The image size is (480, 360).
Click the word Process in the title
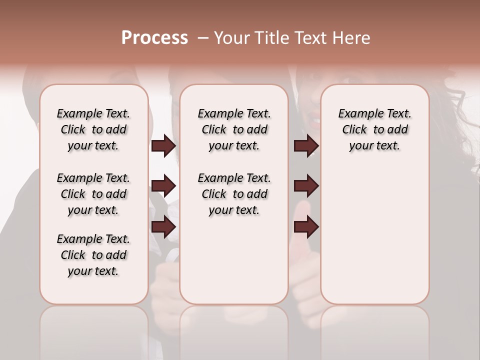(x=154, y=37)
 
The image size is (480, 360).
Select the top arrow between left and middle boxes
(x=163, y=146)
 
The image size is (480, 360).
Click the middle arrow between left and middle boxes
(x=163, y=186)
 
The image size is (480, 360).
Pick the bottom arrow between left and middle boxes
(x=163, y=226)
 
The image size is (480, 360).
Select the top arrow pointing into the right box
(x=306, y=146)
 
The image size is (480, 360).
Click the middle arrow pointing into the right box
(x=306, y=186)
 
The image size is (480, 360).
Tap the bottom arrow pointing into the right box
(x=306, y=226)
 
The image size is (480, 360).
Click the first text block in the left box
(x=93, y=129)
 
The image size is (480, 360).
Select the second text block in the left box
(x=93, y=194)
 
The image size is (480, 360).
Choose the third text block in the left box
(x=93, y=255)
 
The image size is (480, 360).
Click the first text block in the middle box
(x=234, y=129)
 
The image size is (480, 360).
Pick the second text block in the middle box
(x=234, y=194)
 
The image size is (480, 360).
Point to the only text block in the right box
(x=374, y=129)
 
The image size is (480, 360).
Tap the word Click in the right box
(x=354, y=129)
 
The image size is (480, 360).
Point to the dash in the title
(x=203, y=37)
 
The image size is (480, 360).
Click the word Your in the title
(x=231, y=37)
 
